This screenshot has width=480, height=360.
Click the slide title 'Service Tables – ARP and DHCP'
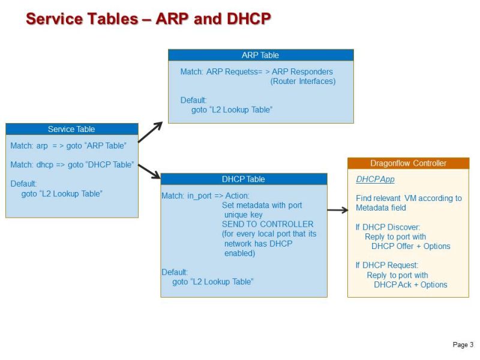pos(148,19)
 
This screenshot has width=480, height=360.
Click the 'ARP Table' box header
pos(260,55)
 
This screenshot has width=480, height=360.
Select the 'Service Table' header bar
pos(71,129)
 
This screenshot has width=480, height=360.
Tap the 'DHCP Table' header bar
pos(244,179)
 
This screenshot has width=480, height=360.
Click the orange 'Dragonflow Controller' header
pos(408,163)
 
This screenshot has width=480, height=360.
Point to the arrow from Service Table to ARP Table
pos(151,132)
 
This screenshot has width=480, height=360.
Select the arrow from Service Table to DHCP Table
pos(149,171)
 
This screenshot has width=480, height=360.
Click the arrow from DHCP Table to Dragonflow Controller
pos(337,210)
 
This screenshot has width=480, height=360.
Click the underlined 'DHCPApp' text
pos(375,179)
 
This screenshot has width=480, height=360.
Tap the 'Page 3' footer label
pos(463,345)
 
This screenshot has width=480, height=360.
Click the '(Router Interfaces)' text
pos(303,81)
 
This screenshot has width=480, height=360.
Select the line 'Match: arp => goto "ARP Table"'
pos(68,146)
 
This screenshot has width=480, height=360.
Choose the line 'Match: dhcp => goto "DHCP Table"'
pos(72,164)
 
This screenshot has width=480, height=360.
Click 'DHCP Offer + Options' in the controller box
pos(410,246)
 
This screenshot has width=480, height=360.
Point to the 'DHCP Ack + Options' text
pos(410,284)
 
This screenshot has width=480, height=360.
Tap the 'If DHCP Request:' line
pos(387,265)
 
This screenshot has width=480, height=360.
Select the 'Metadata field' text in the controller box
pos(381,208)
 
